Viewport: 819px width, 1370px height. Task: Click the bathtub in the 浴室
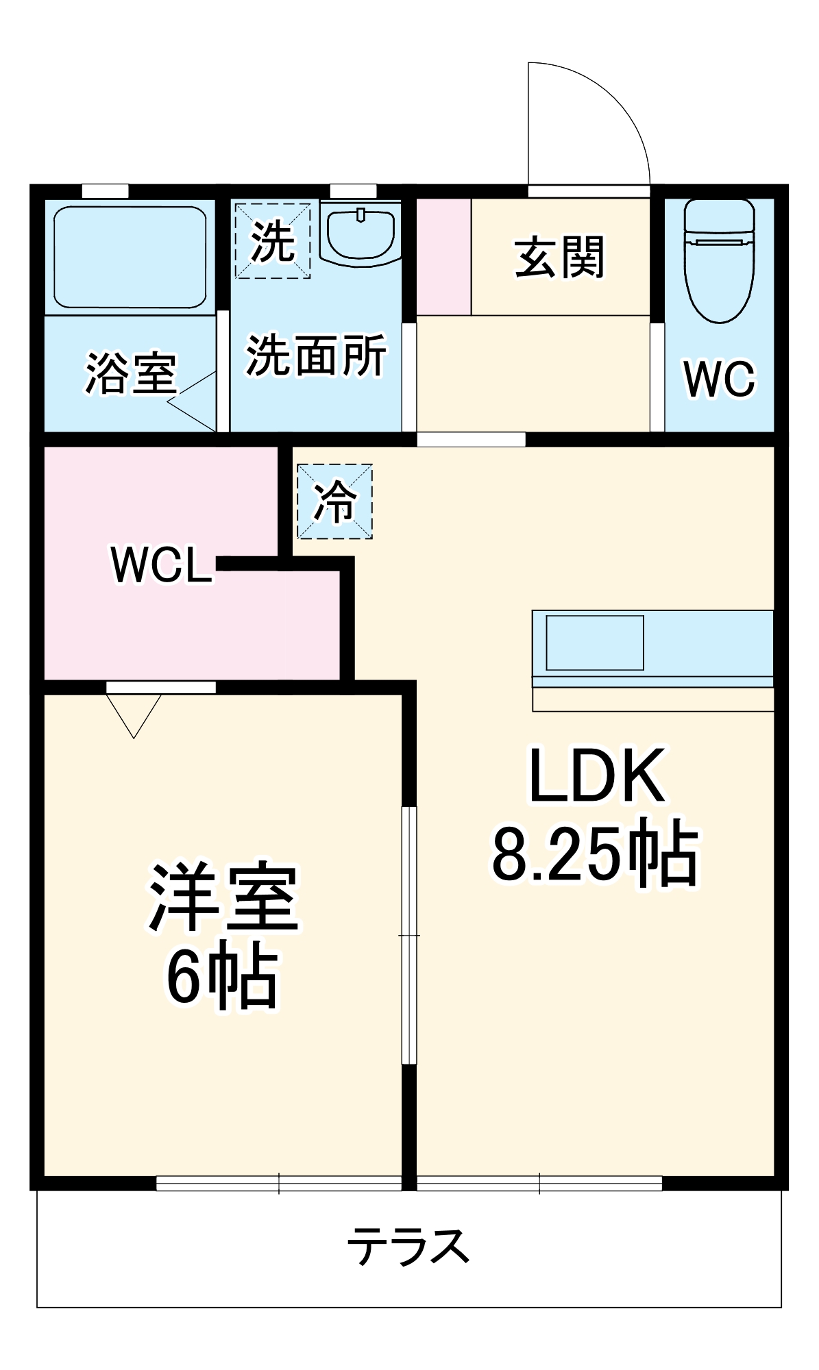pyautogui.click(x=130, y=257)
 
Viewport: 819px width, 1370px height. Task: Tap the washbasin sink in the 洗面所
pyautogui.click(x=360, y=235)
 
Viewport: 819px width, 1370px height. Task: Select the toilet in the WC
pyautogui.click(x=719, y=260)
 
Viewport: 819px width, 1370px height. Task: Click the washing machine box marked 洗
pyautogui.click(x=273, y=240)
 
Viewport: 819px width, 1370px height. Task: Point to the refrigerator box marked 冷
pyautogui.click(x=334, y=501)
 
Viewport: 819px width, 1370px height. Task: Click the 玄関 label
pyautogui.click(x=560, y=258)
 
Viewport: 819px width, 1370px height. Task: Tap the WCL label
pyautogui.click(x=161, y=565)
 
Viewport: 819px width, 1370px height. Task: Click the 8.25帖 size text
pyautogui.click(x=595, y=853)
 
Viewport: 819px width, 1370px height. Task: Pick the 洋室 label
pyautogui.click(x=223, y=897)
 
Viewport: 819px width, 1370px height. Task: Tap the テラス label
pyautogui.click(x=408, y=1247)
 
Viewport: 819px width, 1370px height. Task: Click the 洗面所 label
pyautogui.click(x=316, y=355)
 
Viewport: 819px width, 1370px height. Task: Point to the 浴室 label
pyautogui.click(x=130, y=373)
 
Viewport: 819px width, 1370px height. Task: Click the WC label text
pyautogui.click(x=719, y=378)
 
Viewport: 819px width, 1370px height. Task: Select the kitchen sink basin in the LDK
pyautogui.click(x=595, y=643)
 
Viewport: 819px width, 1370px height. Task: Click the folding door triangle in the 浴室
pyautogui.click(x=193, y=401)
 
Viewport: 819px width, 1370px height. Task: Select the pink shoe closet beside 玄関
pyautogui.click(x=443, y=257)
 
